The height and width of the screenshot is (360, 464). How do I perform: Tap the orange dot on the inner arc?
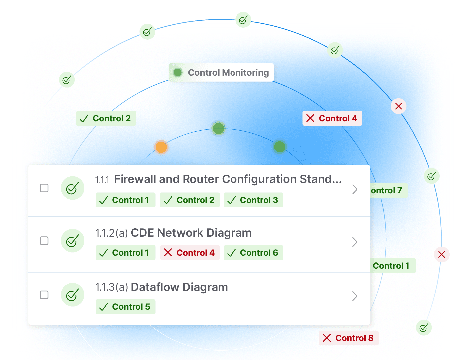click(x=161, y=147)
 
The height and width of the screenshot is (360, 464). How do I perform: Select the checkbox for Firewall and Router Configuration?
click(x=44, y=188)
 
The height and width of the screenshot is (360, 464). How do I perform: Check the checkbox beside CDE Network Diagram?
click(x=44, y=241)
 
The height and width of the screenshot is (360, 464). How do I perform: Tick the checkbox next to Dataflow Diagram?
click(x=44, y=295)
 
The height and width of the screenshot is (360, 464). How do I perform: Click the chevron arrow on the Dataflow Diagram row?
click(x=355, y=296)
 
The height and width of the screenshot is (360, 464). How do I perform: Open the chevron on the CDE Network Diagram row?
click(x=355, y=242)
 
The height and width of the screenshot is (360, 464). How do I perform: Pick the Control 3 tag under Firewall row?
click(x=253, y=200)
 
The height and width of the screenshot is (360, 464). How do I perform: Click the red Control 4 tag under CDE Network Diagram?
click(x=190, y=253)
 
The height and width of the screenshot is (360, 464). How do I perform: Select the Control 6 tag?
click(x=253, y=253)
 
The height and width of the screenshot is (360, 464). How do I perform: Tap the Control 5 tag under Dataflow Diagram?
click(x=125, y=307)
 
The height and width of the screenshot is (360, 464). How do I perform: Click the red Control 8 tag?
click(x=348, y=338)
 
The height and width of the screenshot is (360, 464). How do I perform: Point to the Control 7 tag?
click(x=388, y=190)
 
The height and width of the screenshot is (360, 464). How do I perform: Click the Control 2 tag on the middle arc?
click(x=106, y=118)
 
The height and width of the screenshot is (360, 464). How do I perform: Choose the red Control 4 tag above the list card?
click(x=332, y=118)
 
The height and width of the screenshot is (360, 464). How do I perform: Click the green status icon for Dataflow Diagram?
click(x=72, y=295)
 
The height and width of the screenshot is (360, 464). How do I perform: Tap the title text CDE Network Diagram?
click(x=191, y=233)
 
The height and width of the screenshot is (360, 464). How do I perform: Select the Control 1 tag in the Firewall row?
click(x=125, y=200)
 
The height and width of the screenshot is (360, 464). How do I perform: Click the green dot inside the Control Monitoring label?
click(x=178, y=72)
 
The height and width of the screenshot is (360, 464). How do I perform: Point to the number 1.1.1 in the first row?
click(x=102, y=180)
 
